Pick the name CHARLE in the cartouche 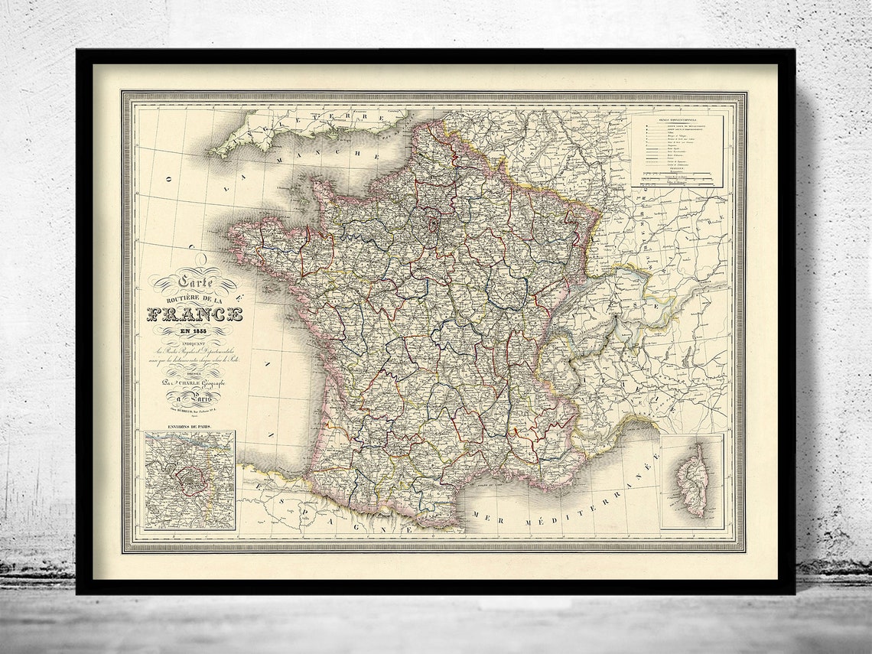coord(200,386)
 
